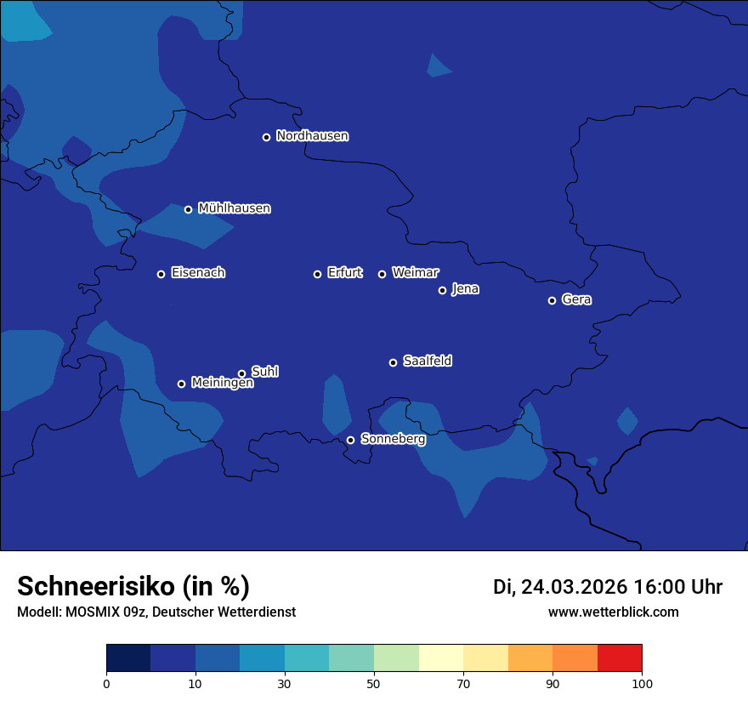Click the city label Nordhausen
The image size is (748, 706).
click(x=312, y=136)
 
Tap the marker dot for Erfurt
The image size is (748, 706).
click(x=318, y=274)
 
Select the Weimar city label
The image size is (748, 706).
click(x=415, y=273)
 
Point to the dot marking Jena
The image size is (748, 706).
click(x=442, y=290)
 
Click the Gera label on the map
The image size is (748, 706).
click(x=576, y=299)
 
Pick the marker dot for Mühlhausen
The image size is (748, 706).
click(x=189, y=209)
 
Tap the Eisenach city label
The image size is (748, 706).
click(x=198, y=273)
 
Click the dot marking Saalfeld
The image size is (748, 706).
click(x=393, y=362)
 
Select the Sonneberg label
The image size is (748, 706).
click(x=393, y=439)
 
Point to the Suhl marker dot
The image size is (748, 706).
click(x=241, y=373)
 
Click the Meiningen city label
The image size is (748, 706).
click(x=222, y=383)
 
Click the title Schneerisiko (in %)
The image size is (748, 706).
click(x=133, y=586)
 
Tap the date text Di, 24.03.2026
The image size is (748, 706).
click(x=560, y=587)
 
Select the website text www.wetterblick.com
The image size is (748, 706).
click(x=613, y=612)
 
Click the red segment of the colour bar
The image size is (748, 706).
click(x=620, y=658)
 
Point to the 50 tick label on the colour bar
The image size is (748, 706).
click(x=374, y=683)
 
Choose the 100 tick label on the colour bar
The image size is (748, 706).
click(x=642, y=683)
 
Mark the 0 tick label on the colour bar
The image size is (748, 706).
click(x=106, y=683)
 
